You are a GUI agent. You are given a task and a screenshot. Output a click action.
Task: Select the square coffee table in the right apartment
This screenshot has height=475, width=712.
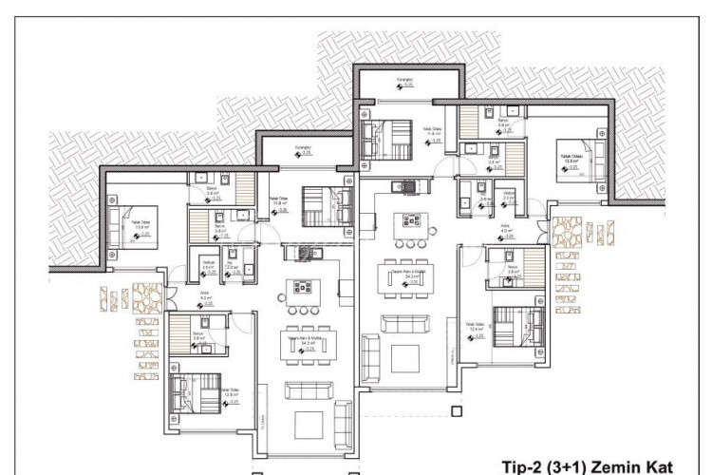pyautogui.click(x=405, y=358)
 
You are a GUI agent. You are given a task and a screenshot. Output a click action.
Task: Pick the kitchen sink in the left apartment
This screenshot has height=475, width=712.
pyautogui.click(x=306, y=251)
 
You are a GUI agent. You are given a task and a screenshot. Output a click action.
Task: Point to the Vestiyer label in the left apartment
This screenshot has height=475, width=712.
pyautogui.click(x=208, y=262)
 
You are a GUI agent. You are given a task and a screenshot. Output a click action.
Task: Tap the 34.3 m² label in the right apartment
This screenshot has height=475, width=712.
pyautogui.click(x=411, y=277)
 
